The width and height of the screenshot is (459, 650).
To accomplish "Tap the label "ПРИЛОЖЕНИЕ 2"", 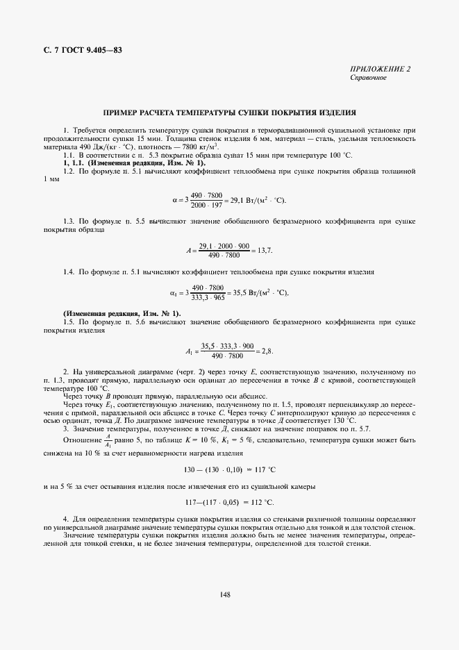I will pyautogui.click(x=381, y=69).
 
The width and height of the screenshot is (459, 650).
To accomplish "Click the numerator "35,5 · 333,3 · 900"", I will pyautogui.click(x=227, y=346).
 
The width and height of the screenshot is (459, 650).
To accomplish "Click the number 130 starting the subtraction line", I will pyautogui.click(x=188, y=470).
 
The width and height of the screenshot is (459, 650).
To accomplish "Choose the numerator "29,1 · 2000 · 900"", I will pyautogui.click(x=224, y=244).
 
